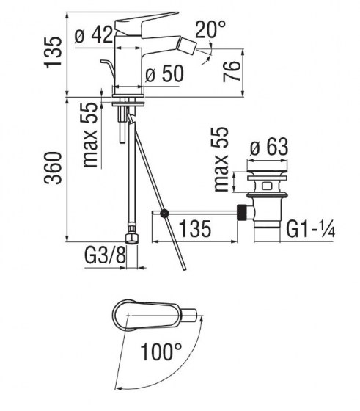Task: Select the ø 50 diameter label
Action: [x=162, y=75]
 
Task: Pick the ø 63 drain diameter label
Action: [x=268, y=147]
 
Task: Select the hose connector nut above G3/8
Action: [x=132, y=236]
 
